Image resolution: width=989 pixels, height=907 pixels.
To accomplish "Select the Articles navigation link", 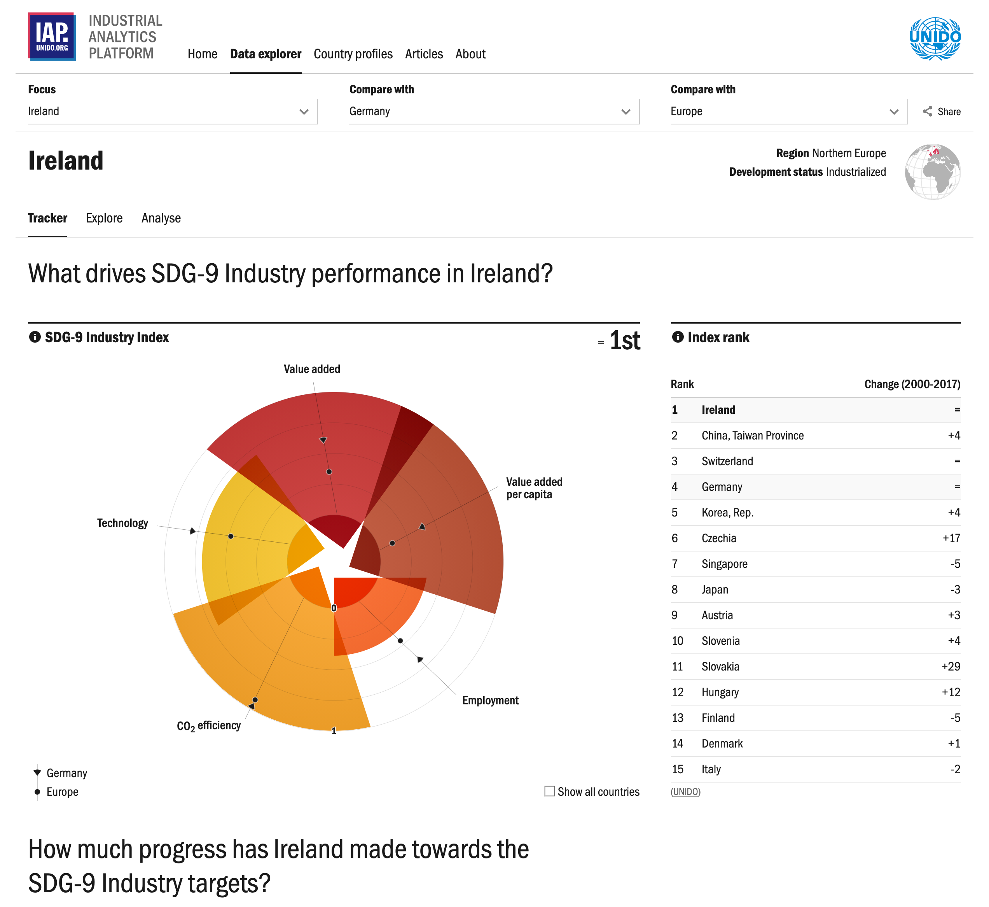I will tap(423, 54).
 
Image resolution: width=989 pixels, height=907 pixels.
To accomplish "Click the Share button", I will tap(942, 111).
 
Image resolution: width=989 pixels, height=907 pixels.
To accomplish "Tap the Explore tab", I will tap(104, 218).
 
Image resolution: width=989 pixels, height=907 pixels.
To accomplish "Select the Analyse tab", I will tap(161, 218).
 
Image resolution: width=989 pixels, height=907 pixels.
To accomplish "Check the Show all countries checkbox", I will tap(549, 791).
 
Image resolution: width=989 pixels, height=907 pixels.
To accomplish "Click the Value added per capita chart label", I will tap(534, 488).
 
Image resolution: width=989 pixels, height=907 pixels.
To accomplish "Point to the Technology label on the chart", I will tap(122, 523).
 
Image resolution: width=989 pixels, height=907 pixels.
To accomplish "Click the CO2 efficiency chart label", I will tap(208, 725).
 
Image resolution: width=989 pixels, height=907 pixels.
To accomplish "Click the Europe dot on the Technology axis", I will tap(231, 536).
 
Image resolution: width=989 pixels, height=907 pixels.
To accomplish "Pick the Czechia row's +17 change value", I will tap(951, 538).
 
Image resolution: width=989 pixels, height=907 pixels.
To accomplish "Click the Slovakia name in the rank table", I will tap(720, 667).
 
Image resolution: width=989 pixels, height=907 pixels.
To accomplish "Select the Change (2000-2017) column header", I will tap(912, 384).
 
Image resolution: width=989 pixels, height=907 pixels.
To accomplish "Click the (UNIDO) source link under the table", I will tap(685, 791).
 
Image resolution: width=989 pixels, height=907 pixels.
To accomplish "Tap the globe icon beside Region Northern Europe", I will tap(932, 172).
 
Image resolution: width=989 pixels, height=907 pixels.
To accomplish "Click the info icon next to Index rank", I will tap(678, 337).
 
